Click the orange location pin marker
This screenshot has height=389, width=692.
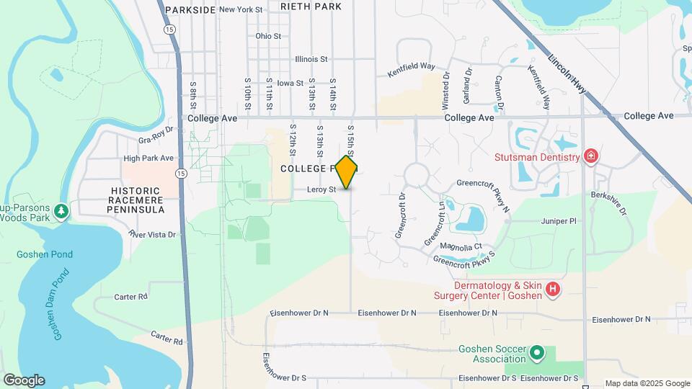click(347, 172)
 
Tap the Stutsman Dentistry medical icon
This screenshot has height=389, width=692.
click(591, 156)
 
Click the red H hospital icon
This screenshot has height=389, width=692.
click(553, 290)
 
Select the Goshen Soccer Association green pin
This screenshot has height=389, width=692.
click(536, 354)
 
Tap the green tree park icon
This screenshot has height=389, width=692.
click(63, 210)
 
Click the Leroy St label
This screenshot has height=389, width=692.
click(322, 189)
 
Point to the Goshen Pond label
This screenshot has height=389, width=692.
click(44, 254)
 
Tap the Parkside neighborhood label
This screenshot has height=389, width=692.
click(190, 9)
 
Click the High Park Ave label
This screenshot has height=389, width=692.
click(148, 158)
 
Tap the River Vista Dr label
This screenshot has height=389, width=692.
click(152, 234)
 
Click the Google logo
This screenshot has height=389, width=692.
click(24, 380)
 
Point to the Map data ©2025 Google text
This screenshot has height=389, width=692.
click(646, 383)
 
